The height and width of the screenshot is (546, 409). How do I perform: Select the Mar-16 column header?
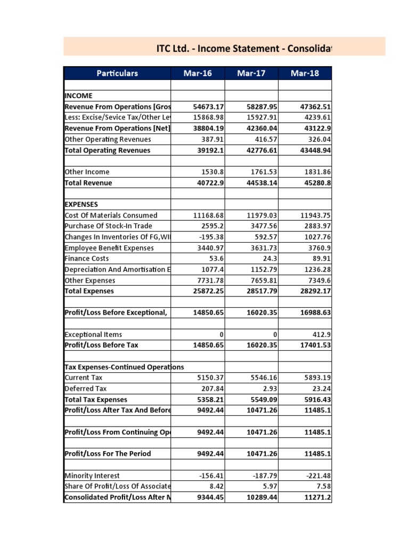click(198, 73)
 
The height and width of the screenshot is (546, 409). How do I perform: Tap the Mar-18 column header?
click(305, 73)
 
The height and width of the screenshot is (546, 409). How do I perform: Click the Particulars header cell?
click(117, 73)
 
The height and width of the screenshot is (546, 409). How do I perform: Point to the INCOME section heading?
click(78, 96)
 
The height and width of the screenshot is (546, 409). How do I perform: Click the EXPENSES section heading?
click(81, 204)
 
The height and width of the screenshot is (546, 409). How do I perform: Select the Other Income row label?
click(87, 172)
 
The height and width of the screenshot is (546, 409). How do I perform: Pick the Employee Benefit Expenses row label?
click(109, 248)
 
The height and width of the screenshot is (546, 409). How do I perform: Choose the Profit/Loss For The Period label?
click(108, 454)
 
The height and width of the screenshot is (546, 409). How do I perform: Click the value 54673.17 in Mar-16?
click(208, 107)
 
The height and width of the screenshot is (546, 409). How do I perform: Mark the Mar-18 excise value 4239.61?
click(316, 117)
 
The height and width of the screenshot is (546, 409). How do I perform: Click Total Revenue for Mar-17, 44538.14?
click(261, 183)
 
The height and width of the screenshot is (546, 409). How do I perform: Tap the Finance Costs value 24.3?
click(269, 259)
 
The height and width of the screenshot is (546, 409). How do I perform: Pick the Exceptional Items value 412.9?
click(322, 334)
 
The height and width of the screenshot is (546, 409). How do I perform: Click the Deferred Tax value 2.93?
click(269, 389)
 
